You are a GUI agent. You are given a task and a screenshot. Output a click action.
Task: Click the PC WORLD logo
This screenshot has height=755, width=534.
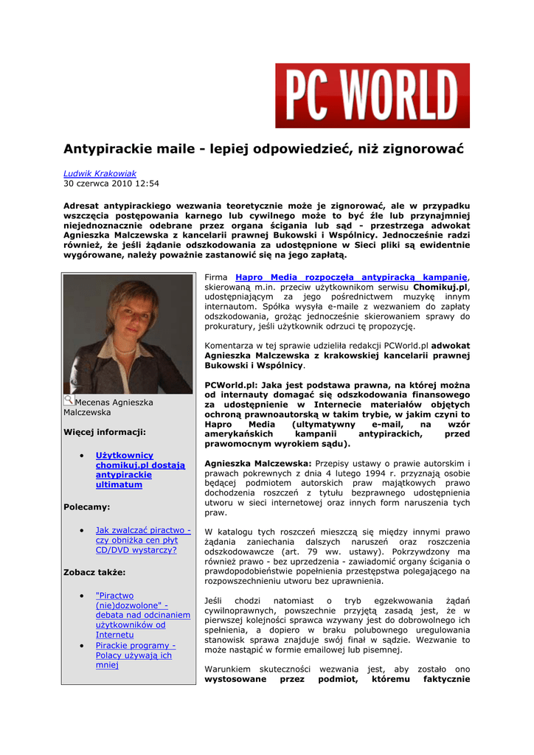[372, 96]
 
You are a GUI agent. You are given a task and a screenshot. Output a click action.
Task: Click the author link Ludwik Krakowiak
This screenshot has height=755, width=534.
[100, 173]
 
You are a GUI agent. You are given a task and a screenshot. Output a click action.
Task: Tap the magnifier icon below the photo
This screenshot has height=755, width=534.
[69, 400]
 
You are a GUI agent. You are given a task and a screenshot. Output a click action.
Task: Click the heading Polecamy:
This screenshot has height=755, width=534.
[86, 507]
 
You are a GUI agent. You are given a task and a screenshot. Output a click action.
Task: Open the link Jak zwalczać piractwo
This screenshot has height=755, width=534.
[143, 540]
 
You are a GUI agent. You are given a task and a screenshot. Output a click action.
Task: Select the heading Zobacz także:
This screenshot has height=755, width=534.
[94, 571]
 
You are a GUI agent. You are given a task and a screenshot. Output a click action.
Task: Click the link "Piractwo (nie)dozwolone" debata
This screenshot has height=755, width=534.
[142, 614]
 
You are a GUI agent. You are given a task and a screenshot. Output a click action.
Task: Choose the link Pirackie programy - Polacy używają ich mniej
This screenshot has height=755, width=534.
[135, 655]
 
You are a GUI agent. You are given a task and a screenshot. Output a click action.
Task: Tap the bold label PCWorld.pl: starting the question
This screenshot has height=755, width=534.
[229, 385]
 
